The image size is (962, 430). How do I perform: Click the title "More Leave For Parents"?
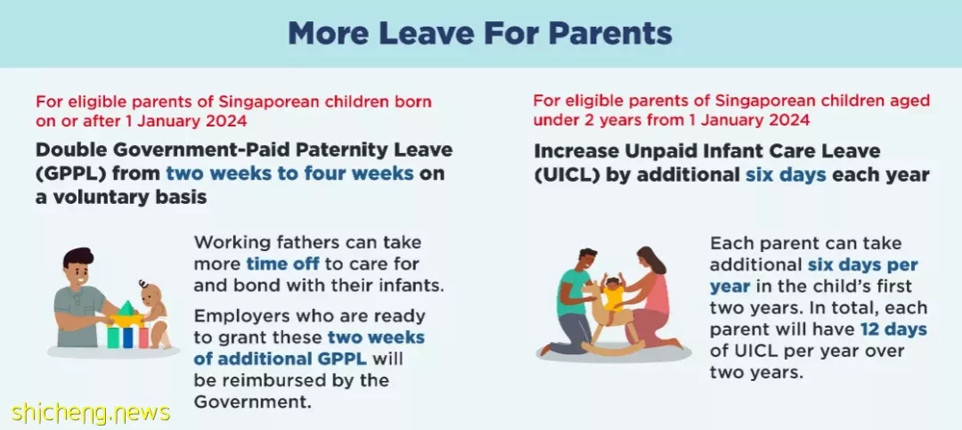480,33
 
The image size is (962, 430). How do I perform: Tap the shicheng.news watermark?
90,412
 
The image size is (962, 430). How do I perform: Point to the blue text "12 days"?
893,329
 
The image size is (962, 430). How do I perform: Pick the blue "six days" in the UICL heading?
785,174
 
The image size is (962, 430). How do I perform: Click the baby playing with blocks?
153,313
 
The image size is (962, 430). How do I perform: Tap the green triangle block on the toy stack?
126,307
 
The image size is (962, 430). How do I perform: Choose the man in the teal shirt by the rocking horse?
574,301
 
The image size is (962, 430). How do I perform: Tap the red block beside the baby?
143,337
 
